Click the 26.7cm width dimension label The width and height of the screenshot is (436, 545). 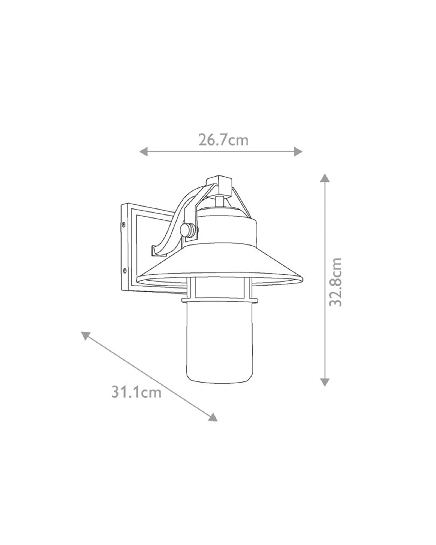click(223, 140)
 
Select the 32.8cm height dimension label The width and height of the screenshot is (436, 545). click(335, 281)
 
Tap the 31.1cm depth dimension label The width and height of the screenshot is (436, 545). click(136, 393)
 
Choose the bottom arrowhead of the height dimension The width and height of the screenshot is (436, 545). click(324, 382)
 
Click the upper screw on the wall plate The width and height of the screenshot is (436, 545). click(124, 225)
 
